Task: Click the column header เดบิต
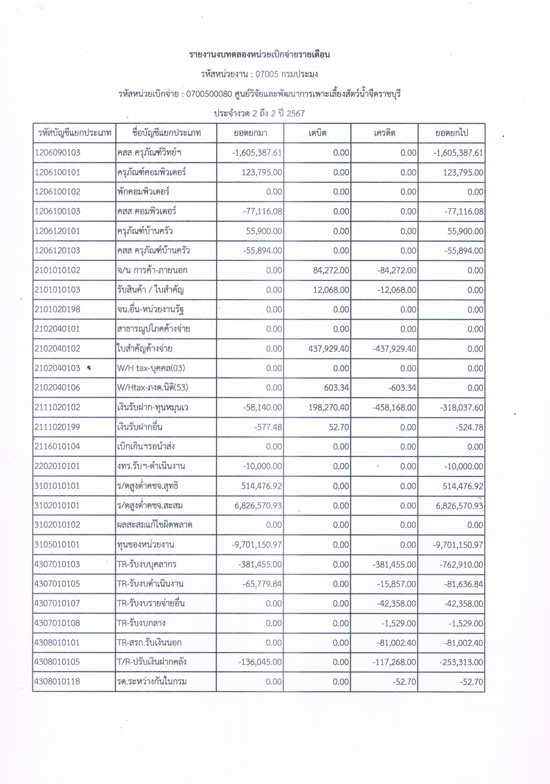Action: click(317, 133)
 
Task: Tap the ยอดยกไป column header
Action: click(451, 133)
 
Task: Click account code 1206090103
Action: click(57, 153)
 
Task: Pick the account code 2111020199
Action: click(57, 427)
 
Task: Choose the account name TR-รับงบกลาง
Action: click(141, 623)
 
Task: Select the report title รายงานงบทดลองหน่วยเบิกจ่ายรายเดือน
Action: click(259, 55)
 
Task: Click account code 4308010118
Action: click(57, 682)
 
